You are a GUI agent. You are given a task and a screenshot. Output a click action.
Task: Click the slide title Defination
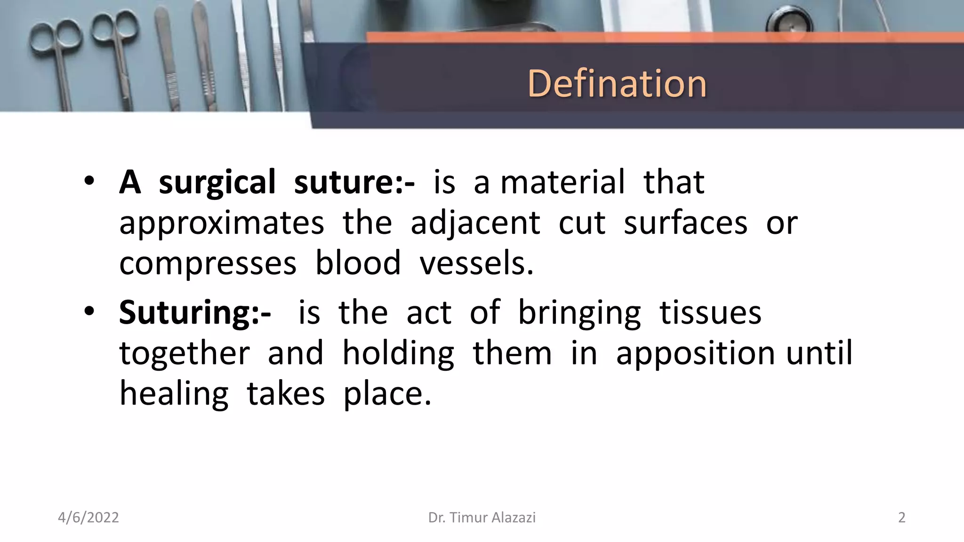[x=617, y=84]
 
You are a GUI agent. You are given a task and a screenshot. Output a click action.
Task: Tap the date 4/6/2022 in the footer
[x=88, y=518]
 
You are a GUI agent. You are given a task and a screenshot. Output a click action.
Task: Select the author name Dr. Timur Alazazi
[x=482, y=518]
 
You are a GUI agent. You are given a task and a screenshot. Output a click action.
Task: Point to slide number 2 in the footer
[x=901, y=518]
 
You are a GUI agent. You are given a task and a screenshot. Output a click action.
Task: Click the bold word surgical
[x=217, y=183]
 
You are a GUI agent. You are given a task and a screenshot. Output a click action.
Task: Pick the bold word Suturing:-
[x=195, y=313]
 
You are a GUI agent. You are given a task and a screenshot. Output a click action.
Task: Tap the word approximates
[x=222, y=223]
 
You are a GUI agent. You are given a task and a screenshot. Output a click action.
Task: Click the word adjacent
[x=475, y=223]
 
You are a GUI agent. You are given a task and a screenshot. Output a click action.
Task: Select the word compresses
[x=208, y=263]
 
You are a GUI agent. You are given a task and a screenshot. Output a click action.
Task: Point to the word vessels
[x=476, y=263]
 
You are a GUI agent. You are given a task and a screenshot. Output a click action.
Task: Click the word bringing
[x=579, y=313]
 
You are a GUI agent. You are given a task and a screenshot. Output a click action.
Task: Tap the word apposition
[x=695, y=353]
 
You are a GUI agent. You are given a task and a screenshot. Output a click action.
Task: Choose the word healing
[x=174, y=394]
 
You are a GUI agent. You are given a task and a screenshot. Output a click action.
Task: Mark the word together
[x=185, y=353]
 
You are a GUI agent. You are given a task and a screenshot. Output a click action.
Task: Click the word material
[x=562, y=183]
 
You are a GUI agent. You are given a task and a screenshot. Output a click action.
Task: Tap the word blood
[x=358, y=263]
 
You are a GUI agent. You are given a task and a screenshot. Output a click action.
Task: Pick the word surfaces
[x=685, y=223]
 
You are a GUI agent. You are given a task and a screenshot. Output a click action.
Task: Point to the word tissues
[x=710, y=313]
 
